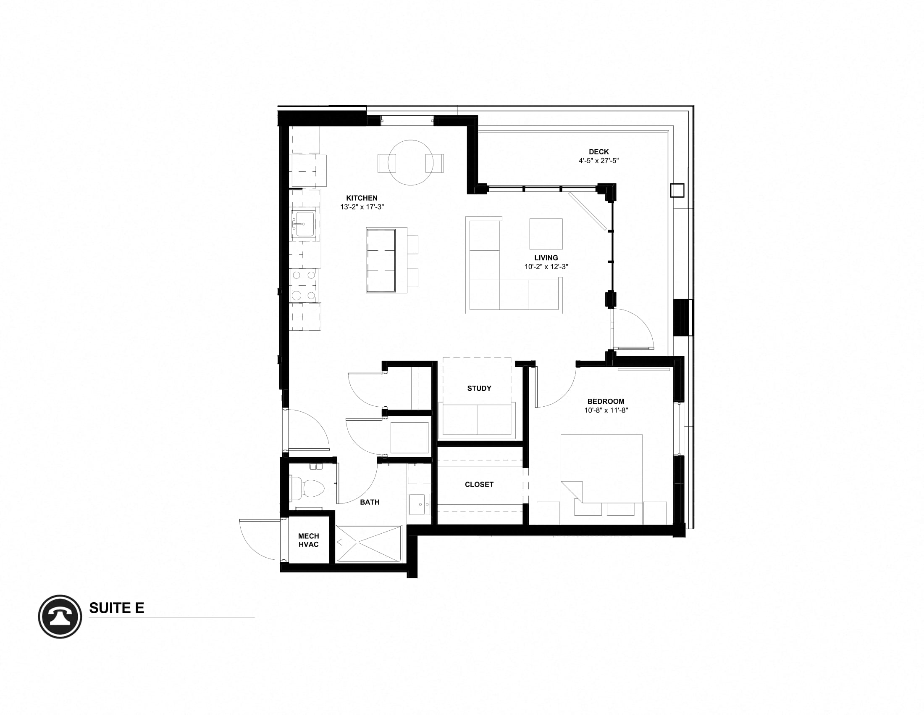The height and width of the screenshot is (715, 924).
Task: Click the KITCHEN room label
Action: (362, 198)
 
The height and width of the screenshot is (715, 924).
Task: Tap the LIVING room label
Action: (546, 257)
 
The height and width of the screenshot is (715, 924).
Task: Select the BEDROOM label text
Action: (605, 401)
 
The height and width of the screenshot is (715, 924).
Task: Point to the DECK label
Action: (598, 152)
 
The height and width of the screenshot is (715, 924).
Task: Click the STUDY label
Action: (479, 388)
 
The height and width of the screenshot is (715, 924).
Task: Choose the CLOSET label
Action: (479, 484)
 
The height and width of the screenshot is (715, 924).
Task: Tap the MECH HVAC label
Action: (308, 540)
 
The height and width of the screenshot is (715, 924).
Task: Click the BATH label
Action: (369, 502)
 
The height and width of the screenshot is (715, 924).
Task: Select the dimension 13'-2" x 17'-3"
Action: (362, 207)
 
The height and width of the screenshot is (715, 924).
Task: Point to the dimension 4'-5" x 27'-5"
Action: (598, 161)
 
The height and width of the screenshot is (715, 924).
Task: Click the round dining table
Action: (410, 163)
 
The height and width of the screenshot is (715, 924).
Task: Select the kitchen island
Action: (381, 260)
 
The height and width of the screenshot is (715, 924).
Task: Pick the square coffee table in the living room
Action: (546, 234)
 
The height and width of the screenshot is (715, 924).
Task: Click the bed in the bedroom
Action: (601, 479)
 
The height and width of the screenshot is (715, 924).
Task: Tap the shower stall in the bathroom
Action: (369, 543)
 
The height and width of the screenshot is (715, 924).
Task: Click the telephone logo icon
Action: (60, 616)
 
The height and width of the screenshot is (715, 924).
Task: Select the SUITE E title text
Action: (116, 608)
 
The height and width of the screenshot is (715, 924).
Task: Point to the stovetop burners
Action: (304, 285)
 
